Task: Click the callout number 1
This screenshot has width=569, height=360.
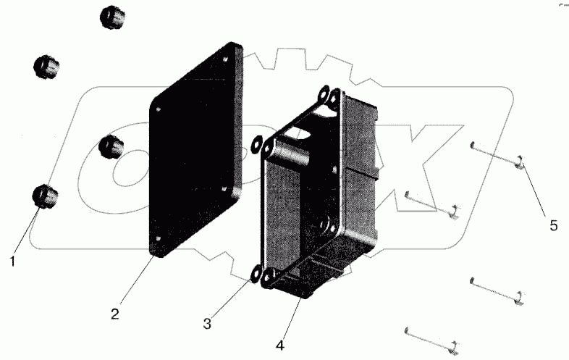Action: tap(13, 261)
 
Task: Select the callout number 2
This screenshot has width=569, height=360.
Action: tap(114, 314)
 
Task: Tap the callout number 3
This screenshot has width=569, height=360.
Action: tap(207, 324)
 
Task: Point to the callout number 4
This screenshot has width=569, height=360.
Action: tap(279, 346)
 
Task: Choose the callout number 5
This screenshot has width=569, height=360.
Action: tap(553, 225)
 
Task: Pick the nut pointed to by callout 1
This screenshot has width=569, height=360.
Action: tap(46, 196)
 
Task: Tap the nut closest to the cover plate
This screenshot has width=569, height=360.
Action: tap(111, 147)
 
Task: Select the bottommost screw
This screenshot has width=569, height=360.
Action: tap(432, 340)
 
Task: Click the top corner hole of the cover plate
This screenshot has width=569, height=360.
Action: tap(225, 59)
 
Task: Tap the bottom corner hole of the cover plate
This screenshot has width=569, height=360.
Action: tap(159, 238)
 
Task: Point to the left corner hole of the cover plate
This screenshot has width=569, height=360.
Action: tap(159, 109)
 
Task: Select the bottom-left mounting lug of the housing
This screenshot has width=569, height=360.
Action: tap(269, 278)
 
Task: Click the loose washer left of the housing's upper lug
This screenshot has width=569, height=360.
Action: tap(257, 143)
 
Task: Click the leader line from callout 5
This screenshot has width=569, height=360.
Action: tap(534, 190)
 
